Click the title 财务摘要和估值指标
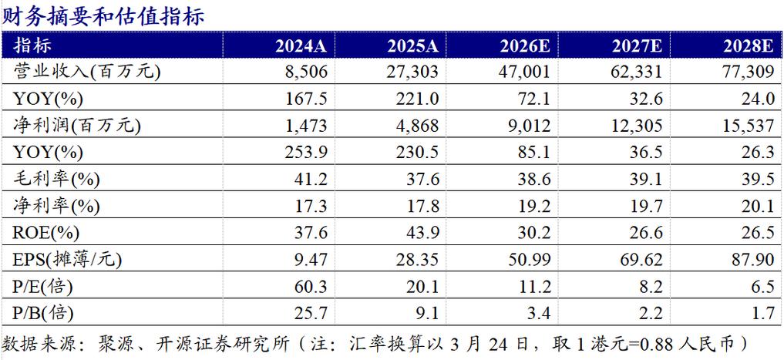[104, 15]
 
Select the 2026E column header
[523, 44]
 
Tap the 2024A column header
[301, 44]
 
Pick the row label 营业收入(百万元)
[79, 72]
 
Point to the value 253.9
[308, 153]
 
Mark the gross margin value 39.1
[646, 179]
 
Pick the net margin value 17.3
[312, 206]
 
